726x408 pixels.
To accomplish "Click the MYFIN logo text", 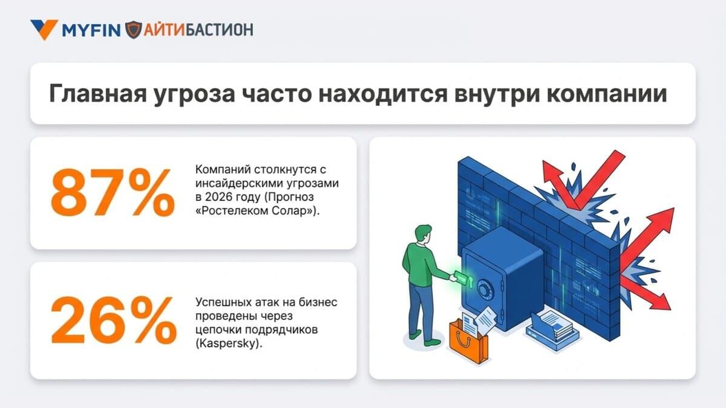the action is tap(91, 30).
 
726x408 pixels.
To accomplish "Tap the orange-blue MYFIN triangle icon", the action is tap(44, 29).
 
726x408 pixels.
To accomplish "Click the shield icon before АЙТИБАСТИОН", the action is tap(133, 30).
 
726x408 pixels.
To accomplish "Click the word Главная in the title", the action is tap(98, 94).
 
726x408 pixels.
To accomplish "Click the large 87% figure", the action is tap(113, 192).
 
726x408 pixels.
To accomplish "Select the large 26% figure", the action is tap(114, 319).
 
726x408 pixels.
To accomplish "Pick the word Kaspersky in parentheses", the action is tap(227, 343).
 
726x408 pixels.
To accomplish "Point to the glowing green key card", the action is tap(461, 276).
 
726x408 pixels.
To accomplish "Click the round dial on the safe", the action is tap(484, 288).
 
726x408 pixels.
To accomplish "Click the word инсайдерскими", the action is tap(235, 183).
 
